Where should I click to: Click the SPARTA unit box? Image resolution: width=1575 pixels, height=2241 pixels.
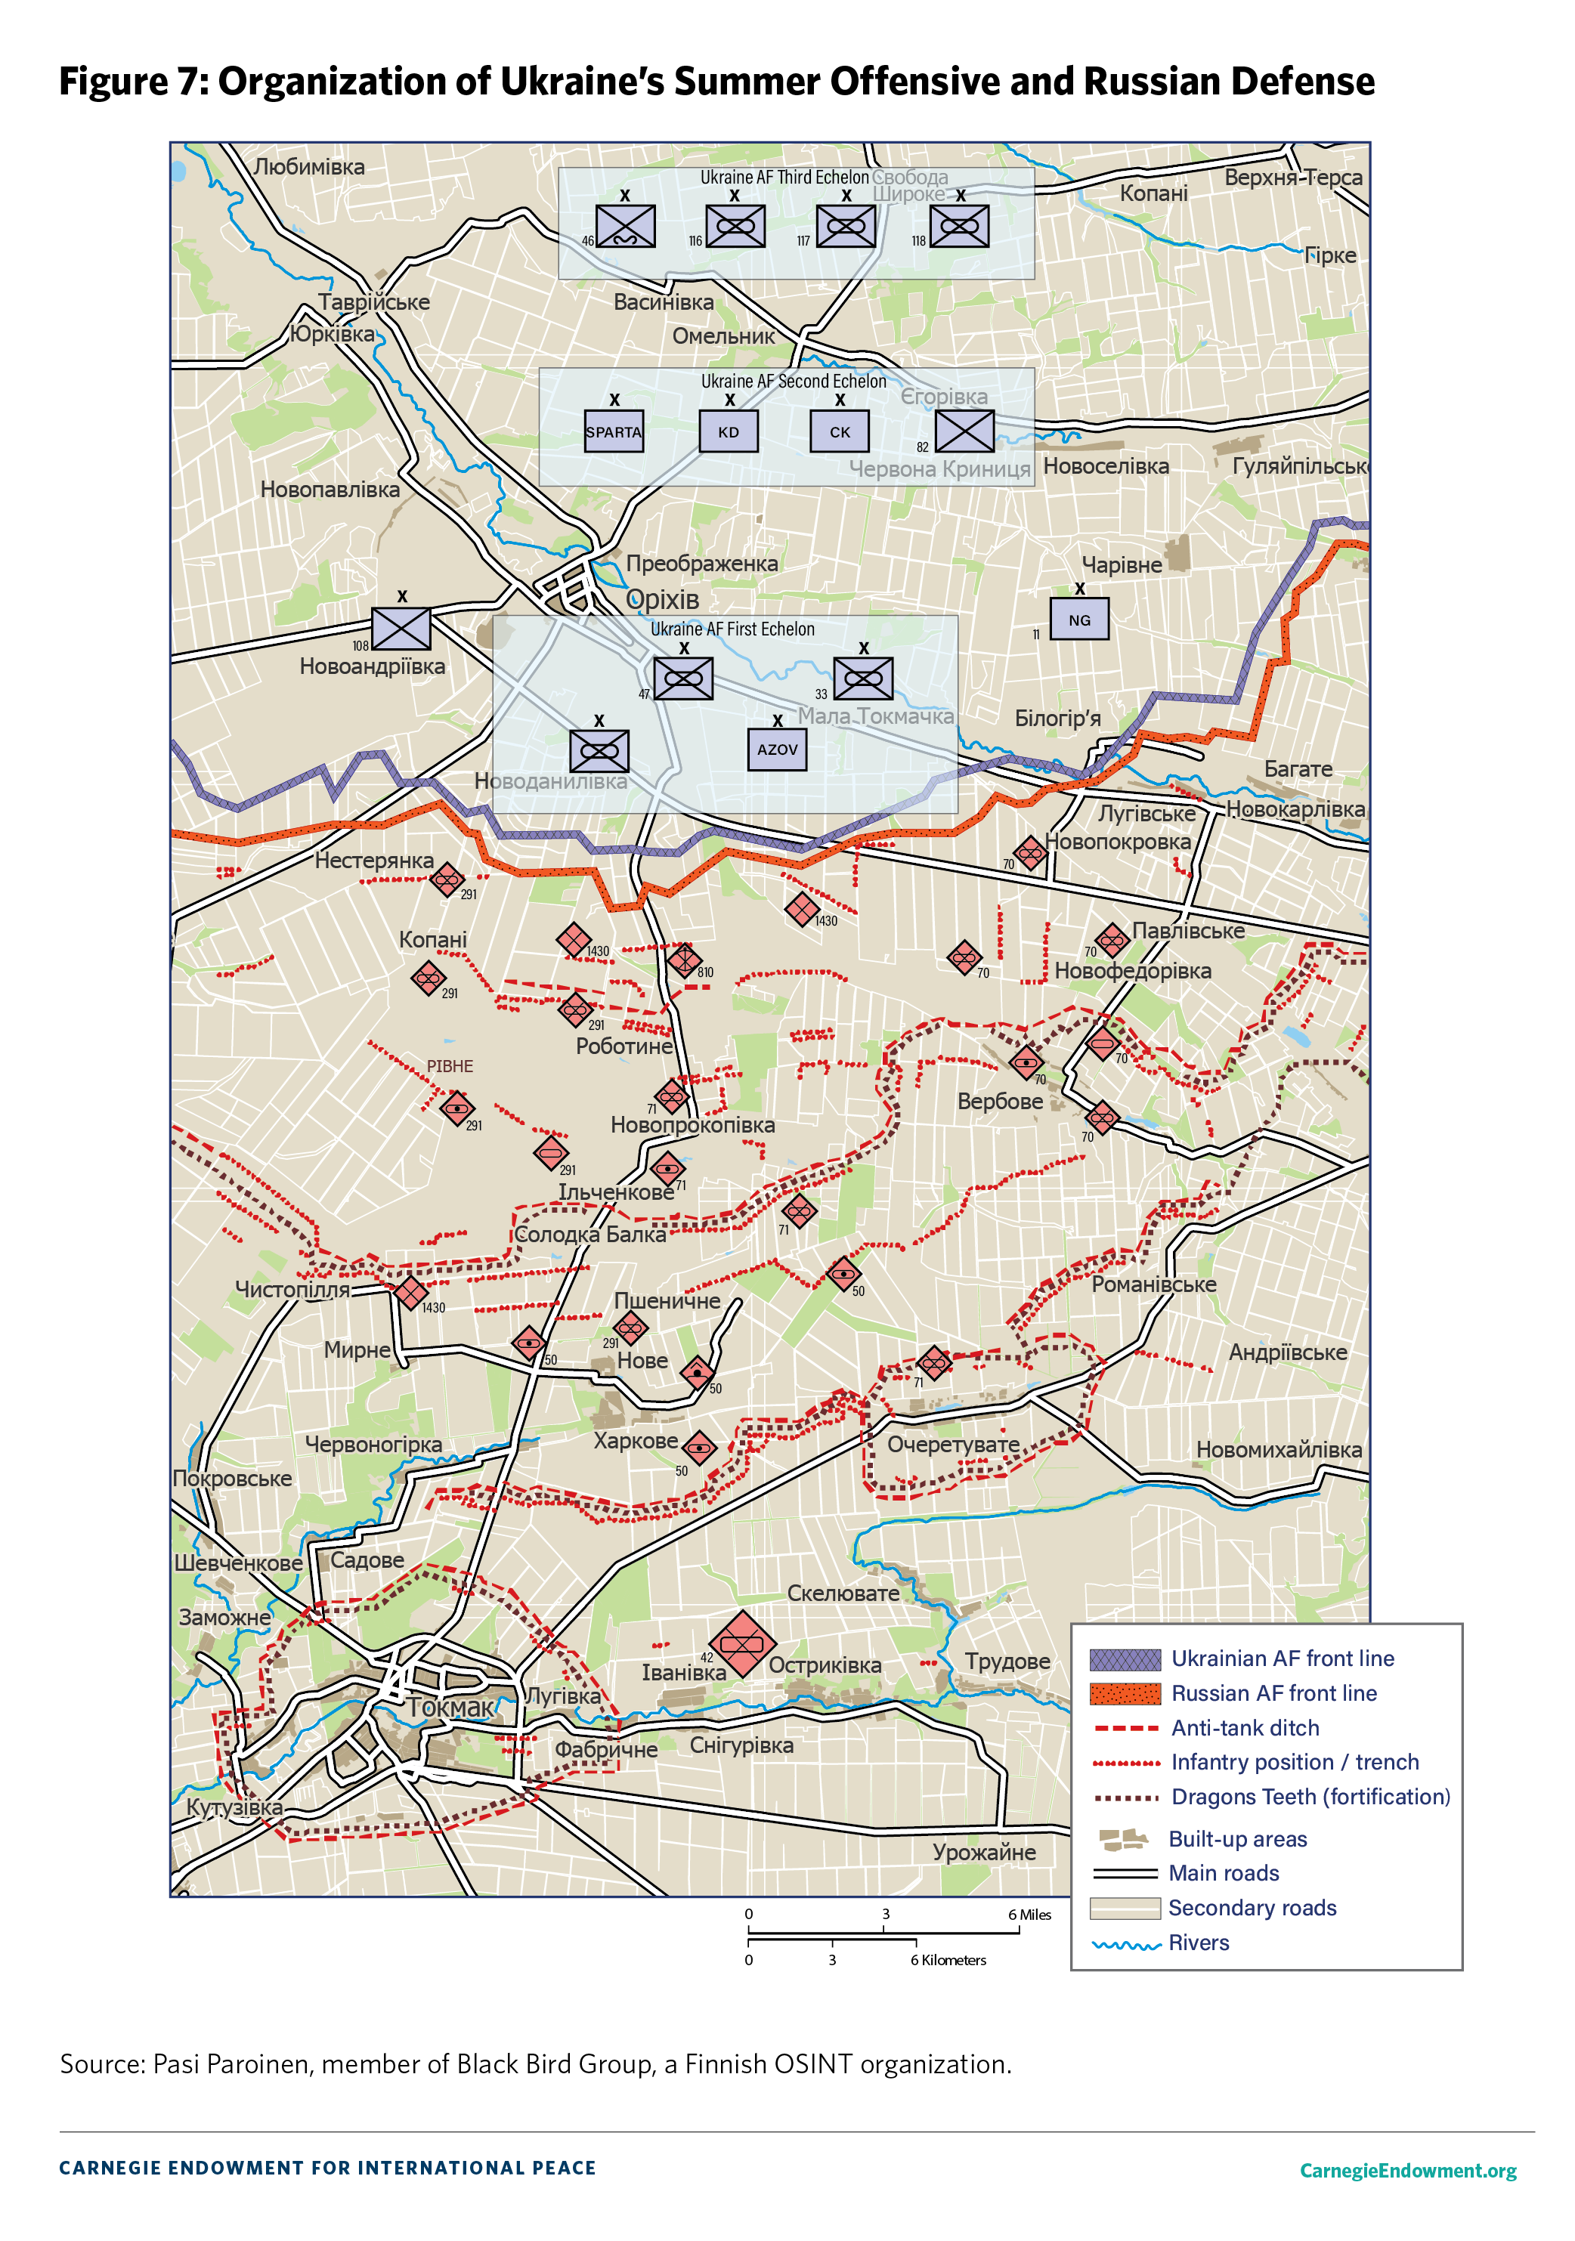click(x=613, y=432)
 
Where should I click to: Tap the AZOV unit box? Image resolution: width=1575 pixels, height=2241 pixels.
click(x=777, y=750)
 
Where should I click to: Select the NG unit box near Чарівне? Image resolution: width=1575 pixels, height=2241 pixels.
click(x=1079, y=620)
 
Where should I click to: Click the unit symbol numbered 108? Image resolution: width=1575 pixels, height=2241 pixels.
click(x=401, y=629)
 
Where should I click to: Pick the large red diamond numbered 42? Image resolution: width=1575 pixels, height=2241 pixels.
click(x=742, y=1643)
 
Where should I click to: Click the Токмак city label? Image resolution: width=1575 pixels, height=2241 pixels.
click(x=450, y=1707)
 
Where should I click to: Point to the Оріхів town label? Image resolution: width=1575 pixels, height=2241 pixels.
click(x=662, y=599)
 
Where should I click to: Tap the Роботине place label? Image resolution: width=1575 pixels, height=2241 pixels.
click(x=624, y=1046)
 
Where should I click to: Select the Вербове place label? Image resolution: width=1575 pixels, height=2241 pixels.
click(x=999, y=1101)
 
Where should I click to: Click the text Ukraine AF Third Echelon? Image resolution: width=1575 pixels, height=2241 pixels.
click(x=784, y=178)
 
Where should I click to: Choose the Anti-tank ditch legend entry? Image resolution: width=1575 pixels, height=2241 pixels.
click(x=1244, y=1728)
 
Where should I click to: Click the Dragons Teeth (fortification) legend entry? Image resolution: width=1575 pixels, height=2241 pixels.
click(x=1310, y=1797)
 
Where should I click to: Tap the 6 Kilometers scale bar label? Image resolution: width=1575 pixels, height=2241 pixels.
click(x=948, y=1960)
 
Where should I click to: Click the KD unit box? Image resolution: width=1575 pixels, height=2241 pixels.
click(x=729, y=432)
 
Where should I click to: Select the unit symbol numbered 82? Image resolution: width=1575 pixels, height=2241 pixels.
click(x=964, y=431)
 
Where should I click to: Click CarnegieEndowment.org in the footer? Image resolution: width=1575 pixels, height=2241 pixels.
click(x=1407, y=2170)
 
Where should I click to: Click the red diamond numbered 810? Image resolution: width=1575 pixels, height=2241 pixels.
click(x=683, y=960)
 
